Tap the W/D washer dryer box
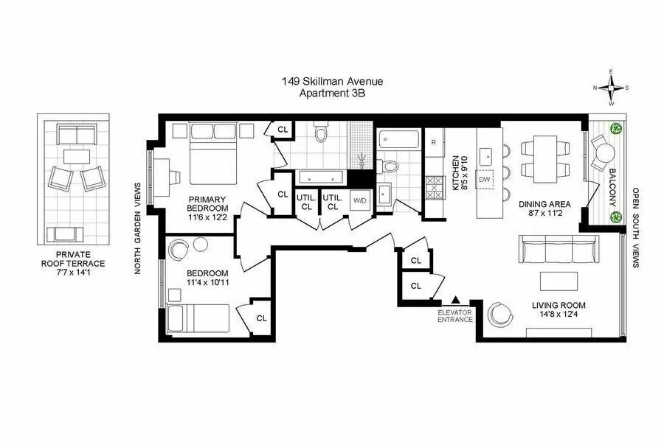359,200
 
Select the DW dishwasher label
485,180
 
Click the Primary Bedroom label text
207,204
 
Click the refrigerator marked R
434,141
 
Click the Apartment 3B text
333,93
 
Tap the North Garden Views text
138,229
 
